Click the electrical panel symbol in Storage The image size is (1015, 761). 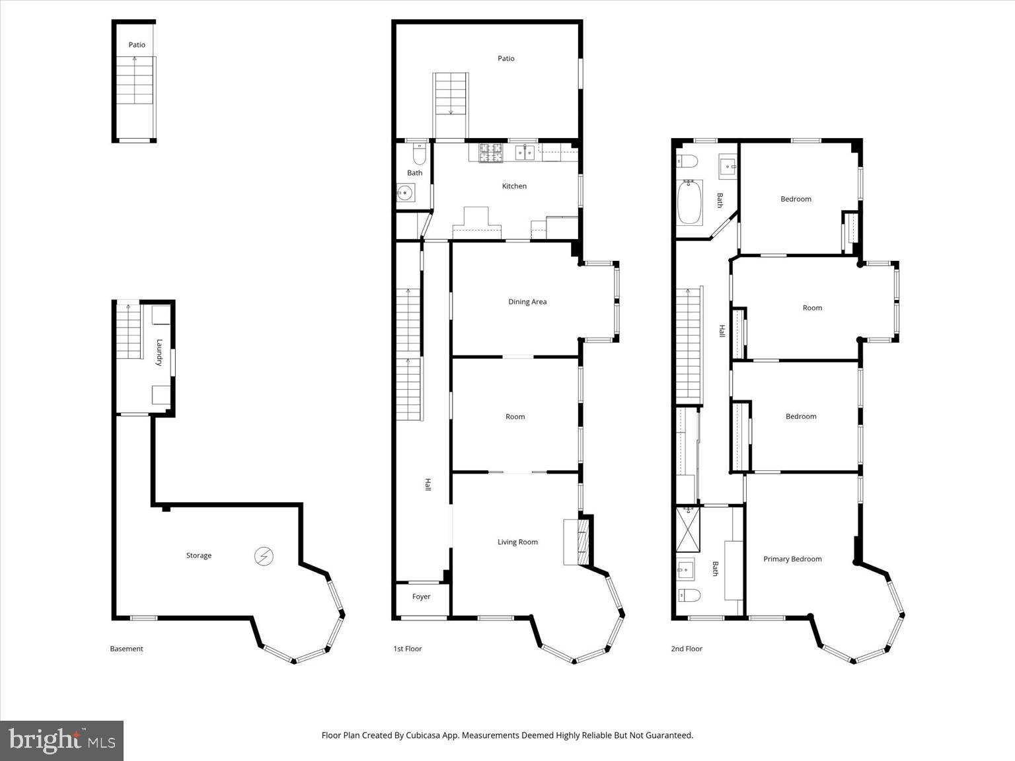click(x=264, y=557)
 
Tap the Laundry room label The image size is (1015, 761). click(x=159, y=352)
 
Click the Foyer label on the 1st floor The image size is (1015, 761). click(x=421, y=597)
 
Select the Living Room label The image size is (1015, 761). click(x=517, y=542)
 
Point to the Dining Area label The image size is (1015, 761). click(x=527, y=302)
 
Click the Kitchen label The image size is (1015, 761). click(x=514, y=186)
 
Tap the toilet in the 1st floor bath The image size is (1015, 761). click(x=418, y=155)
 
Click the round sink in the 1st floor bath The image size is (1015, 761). click(x=405, y=194)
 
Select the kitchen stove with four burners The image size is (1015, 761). click(x=491, y=153)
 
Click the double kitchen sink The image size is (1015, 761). click(x=526, y=153)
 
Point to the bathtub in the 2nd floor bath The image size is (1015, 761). click(x=689, y=202)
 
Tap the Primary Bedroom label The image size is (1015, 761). click(x=792, y=559)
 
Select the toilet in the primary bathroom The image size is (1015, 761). click(x=689, y=595)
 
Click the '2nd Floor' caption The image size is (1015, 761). click(x=687, y=649)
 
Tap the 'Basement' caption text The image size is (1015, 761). click(x=126, y=649)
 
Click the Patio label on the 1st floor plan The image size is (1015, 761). click(x=506, y=59)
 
